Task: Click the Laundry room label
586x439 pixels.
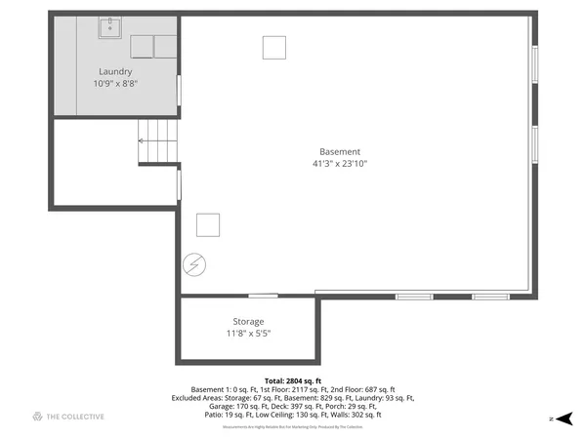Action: pyautogui.click(x=115, y=71)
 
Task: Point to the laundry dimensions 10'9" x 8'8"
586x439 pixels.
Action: pyautogui.click(x=115, y=84)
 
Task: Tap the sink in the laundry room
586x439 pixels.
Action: pyautogui.click(x=110, y=27)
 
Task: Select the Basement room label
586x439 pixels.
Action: pyautogui.click(x=340, y=151)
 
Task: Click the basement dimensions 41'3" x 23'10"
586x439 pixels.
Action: pyautogui.click(x=340, y=164)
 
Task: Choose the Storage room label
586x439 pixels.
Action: pyautogui.click(x=248, y=321)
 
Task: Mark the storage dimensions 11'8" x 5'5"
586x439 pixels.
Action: pyautogui.click(x=248, y=334)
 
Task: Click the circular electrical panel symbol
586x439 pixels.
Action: pyautogui.click(x=193, y=264)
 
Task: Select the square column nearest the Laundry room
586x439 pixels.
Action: pyautogui.click(x=274, y=47)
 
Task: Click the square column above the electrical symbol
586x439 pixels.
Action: pyautogui.click(x=208, y=224)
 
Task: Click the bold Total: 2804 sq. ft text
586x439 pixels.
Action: pyautogui.click(x=293, y=380)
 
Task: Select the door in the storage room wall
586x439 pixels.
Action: pyautogui.click(x=262, y=296)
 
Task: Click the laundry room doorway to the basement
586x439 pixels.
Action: pyautogui.click(x=178, y=91)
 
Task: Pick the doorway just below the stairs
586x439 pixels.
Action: pyautogui.click(x=178, y=184)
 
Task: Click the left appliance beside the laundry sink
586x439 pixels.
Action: pyautogui.click(x=143, y=46)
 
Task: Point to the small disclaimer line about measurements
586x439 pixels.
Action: pyautogui.click(x=293, y=427)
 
